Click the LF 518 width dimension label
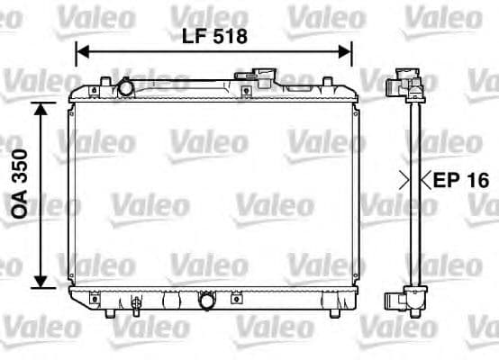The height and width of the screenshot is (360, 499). point(213,37)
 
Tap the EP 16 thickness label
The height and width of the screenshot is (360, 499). point(460,180)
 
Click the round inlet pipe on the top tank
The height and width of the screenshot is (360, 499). point(125,88)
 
